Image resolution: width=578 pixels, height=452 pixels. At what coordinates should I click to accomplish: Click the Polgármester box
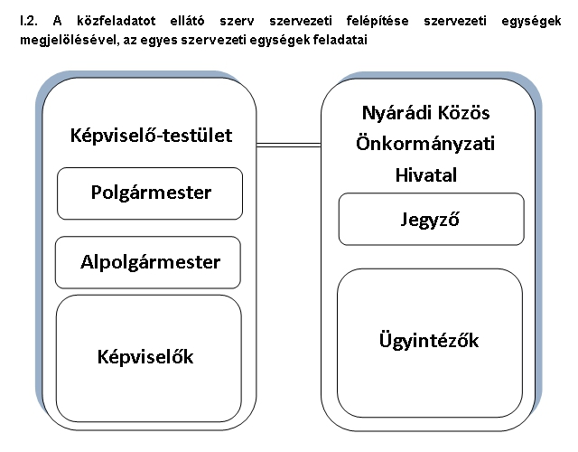(150, 193)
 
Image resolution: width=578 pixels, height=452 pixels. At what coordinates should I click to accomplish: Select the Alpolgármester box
(148, 262)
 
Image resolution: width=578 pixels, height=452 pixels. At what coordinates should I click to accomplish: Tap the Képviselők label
(145, 357)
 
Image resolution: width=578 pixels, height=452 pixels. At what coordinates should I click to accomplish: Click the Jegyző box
(432, 219)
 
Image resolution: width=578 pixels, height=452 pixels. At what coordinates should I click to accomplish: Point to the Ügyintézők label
(429, 340)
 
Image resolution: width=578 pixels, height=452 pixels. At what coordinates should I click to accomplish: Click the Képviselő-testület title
(151, 136)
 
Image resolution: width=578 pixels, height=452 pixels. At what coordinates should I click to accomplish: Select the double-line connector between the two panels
(289, 145)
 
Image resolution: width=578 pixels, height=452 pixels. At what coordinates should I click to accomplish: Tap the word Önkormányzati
(425, 143)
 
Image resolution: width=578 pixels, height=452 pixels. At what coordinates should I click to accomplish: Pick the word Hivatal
(425, 174)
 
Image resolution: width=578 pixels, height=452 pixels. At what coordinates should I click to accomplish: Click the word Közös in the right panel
(463, 112)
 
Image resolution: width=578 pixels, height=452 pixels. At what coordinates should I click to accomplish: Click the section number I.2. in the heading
(29, 21)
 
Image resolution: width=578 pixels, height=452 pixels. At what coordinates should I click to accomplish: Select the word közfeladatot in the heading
(117, 21)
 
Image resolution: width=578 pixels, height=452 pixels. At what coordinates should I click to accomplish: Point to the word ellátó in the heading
(187, 21)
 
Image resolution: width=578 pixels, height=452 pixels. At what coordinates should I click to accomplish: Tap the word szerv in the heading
(237, 22)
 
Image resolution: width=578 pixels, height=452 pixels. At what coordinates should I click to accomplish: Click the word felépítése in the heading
(378, 22)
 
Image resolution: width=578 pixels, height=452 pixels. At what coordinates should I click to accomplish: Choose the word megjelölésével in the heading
(70, 40)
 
